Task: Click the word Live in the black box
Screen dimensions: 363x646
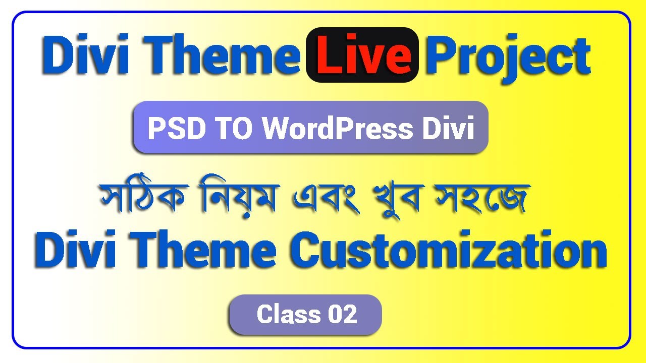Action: click(362, 55)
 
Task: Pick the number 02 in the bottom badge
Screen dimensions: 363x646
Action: click(342, 315)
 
